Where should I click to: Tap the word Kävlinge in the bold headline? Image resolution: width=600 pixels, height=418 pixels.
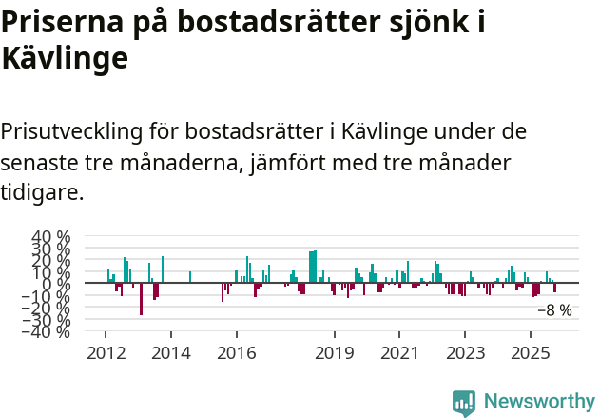64,59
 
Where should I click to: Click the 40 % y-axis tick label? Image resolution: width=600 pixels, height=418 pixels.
50,236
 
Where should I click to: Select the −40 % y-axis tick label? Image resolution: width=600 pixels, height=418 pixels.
47,331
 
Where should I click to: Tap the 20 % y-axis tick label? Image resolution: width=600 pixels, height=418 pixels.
50,260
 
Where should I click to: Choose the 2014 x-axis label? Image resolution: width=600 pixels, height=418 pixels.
170,353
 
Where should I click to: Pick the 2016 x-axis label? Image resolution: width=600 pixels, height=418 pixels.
236,353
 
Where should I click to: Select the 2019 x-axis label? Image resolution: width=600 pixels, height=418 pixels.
334,353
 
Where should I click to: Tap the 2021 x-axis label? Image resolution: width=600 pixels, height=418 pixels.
399,353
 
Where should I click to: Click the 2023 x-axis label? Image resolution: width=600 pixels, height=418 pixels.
465,353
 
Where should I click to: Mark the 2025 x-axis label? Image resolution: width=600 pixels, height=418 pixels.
530,353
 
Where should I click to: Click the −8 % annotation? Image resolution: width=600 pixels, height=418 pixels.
554,310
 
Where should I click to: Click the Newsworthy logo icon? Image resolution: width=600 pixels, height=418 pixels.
464,402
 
